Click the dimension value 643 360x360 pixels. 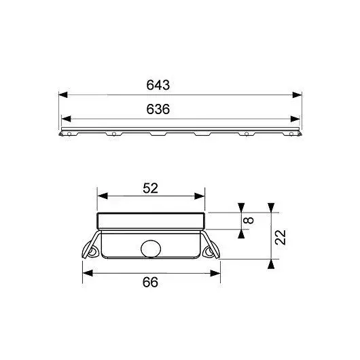coord(158,85)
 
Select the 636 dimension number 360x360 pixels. coord(158,109)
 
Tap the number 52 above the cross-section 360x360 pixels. coord(150,188)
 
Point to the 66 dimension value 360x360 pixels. coord(150,282)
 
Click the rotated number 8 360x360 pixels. coord(249,220)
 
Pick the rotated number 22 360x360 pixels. coord(281,238)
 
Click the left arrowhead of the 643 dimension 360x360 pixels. coord(63,94)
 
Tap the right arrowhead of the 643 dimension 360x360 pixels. coord(297,94)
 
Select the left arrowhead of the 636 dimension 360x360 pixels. coord(66,119)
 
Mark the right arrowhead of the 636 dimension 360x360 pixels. coord(295,119)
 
